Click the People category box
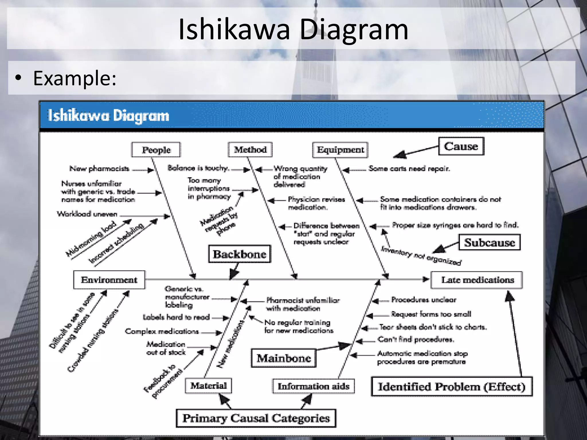(x=156, y=150)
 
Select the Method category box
(x=250, y=150)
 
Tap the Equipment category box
(x=340, y=150)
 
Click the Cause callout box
(x=461, y=146)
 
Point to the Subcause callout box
(x=489, y=242)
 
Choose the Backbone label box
(x=239, y=254)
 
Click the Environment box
(x=109, y=280)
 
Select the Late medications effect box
(x=477, y=280)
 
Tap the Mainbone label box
(x=283, y=358)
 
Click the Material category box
(x=208, y=386)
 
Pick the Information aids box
(x=313, y=386)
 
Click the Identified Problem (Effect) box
(x=451, y=387)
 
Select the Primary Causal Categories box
(x=256, y=418)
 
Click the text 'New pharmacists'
(x=99, y=169)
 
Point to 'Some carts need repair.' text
(x=409, y=168)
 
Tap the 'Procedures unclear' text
(x=423, y=300)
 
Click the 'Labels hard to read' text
(x=176, y=317)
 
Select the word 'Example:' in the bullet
(x=75, y=78)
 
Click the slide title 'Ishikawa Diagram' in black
(x=293, y=29)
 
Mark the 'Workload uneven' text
(x=87, y=214)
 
